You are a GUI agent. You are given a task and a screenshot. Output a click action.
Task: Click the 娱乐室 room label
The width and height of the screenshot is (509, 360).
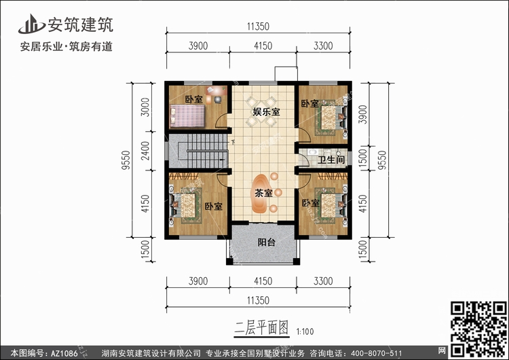coord(266,112)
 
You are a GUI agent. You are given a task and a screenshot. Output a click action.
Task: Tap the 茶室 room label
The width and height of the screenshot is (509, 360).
coord(263,193)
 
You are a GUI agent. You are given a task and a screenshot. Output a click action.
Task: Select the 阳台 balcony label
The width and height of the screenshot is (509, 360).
coord(267,242)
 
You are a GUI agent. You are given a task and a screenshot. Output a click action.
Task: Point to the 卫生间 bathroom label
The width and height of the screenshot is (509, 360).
coord(331,160)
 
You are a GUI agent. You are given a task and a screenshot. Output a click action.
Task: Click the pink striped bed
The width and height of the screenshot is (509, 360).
coord(187,116)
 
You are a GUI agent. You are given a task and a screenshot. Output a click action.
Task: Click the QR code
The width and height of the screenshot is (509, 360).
coord(478,329)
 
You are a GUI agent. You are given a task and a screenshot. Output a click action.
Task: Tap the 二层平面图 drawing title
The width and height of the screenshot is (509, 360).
coord(261,327)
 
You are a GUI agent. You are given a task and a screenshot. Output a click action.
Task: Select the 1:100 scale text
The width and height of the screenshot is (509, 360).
coord(305,331)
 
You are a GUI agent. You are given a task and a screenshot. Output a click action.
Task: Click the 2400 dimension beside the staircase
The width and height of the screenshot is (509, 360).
coord(146,150)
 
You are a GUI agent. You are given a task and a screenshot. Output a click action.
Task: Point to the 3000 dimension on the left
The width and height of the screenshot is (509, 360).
coord(146,107)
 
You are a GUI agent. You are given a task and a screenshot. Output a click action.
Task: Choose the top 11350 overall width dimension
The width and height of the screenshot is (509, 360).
coord(258,26)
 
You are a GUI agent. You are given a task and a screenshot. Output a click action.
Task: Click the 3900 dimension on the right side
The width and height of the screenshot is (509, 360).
coord(363,114)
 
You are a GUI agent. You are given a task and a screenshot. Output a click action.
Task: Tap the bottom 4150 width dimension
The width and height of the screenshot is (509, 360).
coord(263,281)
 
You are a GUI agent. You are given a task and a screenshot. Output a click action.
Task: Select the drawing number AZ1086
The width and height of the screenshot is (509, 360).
coord(64,353)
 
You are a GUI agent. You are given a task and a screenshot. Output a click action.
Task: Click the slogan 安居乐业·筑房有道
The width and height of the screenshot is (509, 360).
coord(67,46)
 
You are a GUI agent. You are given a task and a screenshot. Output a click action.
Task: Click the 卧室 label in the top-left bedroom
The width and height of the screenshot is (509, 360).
coord(194,99)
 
